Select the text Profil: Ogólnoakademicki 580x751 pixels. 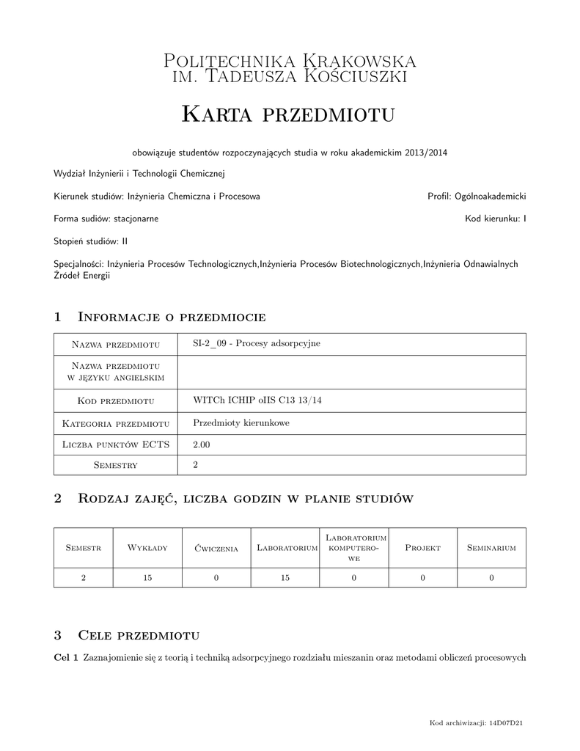pyautogui.click(x=477, y=197)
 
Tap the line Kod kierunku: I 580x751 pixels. pyautogui.click(x=495, y=219)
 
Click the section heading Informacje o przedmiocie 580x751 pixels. pyautogui.click(x=171, y=317)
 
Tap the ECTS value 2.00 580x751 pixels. pyautogui.click(x=201, y=444)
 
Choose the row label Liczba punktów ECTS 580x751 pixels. pyautogui.click(x=116, y=444)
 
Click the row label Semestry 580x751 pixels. pyautogui.click(x=116, y=465)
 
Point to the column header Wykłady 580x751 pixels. pyautogui.click(x=148, y=548)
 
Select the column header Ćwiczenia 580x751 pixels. pyautogui.click(x=216, y=548)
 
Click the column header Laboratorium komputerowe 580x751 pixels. pyautogui.click(x=354, y=548)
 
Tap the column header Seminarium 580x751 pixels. pyautogui.click(x=491, y=548)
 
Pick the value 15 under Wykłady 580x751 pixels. pyautogui.click(x=148, y=578)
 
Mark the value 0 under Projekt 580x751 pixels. pyautogui.click(x=423, y=578)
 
